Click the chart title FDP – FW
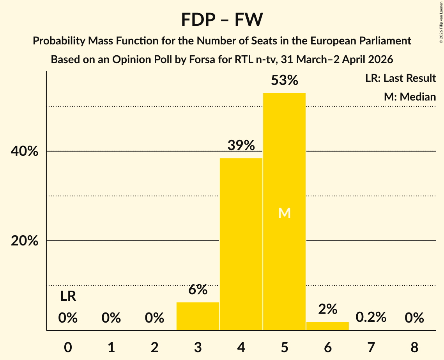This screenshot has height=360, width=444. (x=222, y=19)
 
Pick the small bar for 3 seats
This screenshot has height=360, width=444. (x=198, y=316)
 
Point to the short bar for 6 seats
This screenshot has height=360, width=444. (x=327, y=326)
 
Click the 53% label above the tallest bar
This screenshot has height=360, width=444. (x=284, y=81)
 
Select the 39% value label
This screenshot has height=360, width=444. (x=241, y=146)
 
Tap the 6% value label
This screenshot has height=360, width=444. (x=198, y=290)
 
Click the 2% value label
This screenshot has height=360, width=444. (x=327, y=309)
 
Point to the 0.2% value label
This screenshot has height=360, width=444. (x=371, y=317)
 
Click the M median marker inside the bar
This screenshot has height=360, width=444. (x=284, y=213)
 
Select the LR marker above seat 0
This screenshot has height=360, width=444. (x=68, y=296)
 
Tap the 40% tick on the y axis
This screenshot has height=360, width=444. (x=24, y=151)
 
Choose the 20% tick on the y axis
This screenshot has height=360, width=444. (x=24, y=241)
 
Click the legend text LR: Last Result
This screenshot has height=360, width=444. (x=400, y=78)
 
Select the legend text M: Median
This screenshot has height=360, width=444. (x=410, y=97)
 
